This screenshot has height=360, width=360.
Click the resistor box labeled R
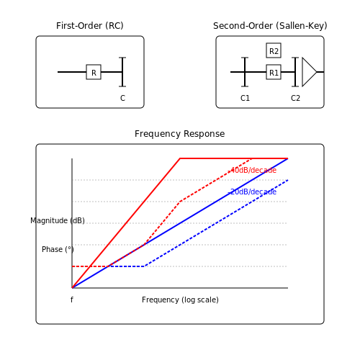coord(94,72)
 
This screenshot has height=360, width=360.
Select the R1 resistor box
coord(274,72)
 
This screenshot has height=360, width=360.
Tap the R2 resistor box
coord(274,50)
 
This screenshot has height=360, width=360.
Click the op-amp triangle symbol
coord(310,72)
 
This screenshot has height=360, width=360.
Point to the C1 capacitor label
coord(245,98)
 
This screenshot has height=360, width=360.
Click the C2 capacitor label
coord(295,98)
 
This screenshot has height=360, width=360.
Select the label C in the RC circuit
coord(122,98)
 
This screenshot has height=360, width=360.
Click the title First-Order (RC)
coord(90,26)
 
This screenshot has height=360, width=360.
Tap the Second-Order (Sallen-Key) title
coord(270,26)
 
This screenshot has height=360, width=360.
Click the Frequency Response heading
coord(180,134)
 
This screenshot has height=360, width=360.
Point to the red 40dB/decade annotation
coord(253,170)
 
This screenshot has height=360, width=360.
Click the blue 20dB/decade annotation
coord(253,192)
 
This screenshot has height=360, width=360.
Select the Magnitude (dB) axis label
coord(58,220)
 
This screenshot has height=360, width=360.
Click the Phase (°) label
coord(58,249)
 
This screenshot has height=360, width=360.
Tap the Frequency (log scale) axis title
coord(180,300)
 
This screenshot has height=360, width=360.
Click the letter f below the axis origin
coord(72,300)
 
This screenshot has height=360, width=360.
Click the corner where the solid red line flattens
coord(180,158)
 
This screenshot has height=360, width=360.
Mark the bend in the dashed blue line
coord(144,266)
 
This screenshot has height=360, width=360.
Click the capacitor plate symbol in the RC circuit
coord(122,72)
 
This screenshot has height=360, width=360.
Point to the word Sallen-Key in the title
coord(302,26)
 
